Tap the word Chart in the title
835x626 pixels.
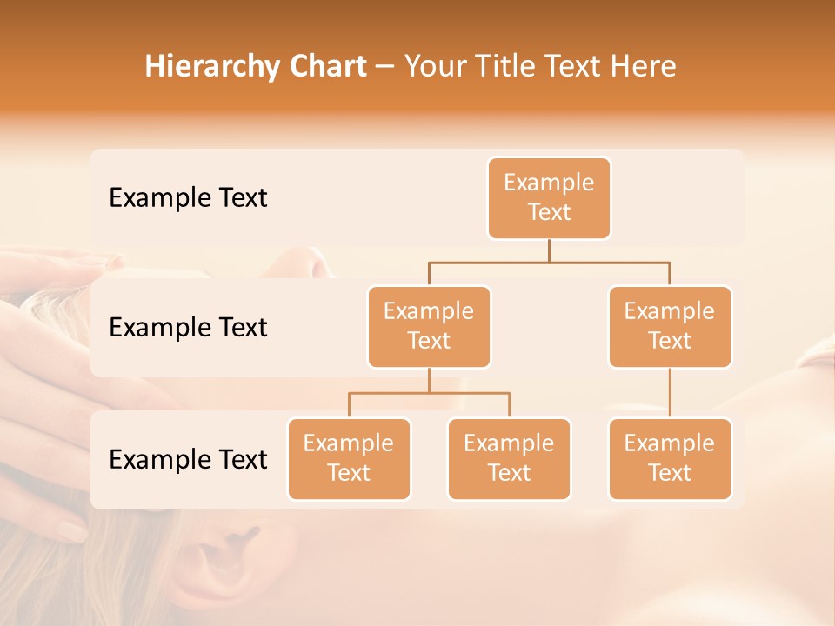(327, 67)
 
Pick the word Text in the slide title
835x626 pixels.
(577, 67)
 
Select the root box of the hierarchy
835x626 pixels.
(549, 197)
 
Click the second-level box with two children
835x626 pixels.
(429, 326)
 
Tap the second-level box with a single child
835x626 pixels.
(670, 326)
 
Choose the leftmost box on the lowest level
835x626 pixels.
(349, 458)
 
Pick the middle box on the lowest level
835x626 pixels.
(509, 458)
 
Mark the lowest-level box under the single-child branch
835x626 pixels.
(670, 458)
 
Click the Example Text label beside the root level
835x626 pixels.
(188, 198)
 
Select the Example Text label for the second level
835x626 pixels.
(188, 328)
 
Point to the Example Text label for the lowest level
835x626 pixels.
(188, 459)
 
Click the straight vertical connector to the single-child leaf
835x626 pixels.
(670, 393)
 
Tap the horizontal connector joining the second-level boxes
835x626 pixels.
(549, 262)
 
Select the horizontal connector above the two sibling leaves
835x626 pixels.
(429, 393)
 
